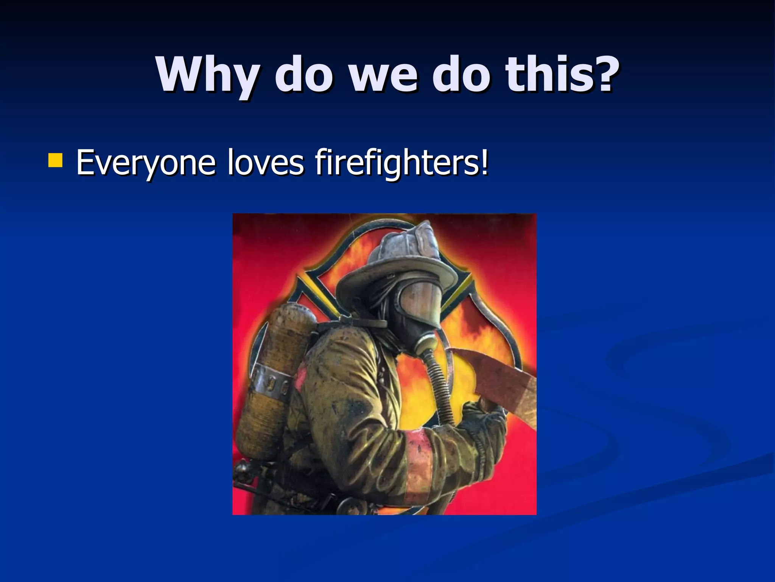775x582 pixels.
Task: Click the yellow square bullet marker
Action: (55, 160)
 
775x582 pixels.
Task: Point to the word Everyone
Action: (146, 163)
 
